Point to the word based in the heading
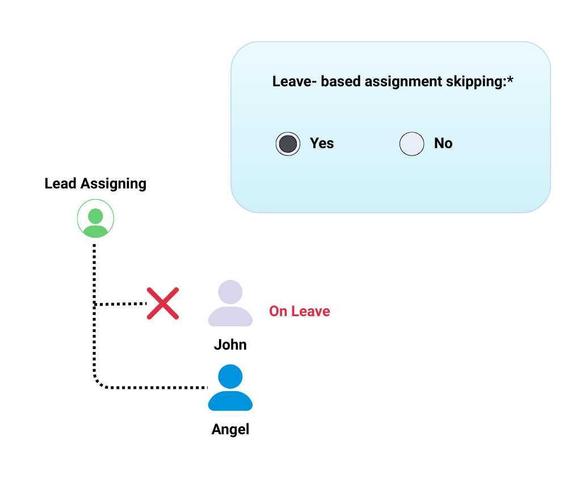(340, 81)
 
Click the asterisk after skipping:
(510, 79)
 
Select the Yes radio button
(288, 144)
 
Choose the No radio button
(412, 144)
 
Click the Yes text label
(322, 144)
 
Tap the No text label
(443, 144)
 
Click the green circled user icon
(95, 219)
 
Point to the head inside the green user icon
(95, 216)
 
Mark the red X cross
(163, 303)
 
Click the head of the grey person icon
(230, 292)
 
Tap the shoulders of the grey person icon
(230, 317)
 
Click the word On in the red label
(278, 311)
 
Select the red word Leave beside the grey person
(310, 311)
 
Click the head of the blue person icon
(230, 376)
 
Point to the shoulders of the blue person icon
(230, 401)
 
